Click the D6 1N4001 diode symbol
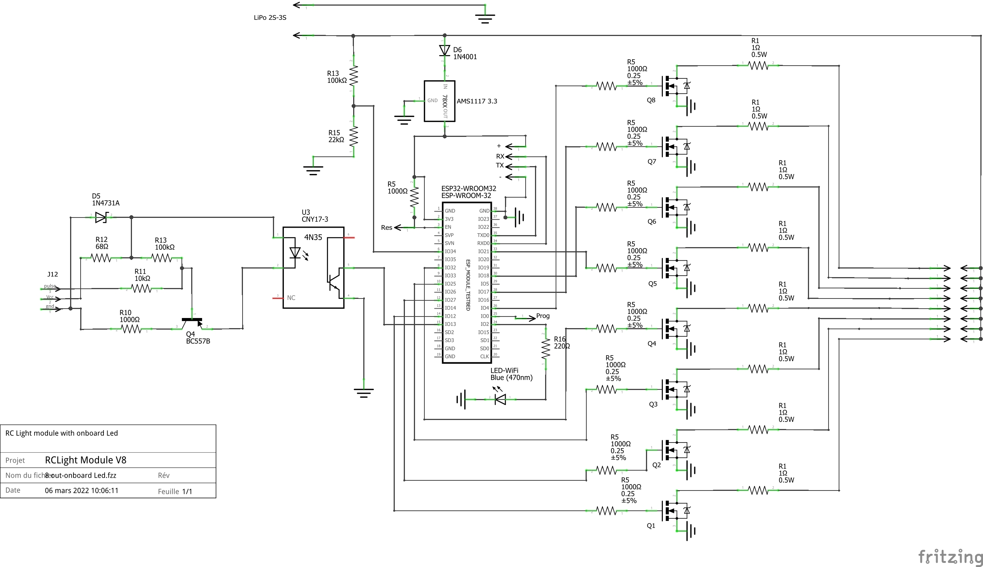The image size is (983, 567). click(445, 50)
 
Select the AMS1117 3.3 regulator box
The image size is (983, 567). click(439, 101)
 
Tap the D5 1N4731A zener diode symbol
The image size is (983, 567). click(102, 217)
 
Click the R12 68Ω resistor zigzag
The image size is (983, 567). click(101, 258)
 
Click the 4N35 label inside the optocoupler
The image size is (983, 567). click(313, 237)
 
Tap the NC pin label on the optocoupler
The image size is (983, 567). click(291, 298)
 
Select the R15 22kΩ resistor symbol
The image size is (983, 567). click(354, 136)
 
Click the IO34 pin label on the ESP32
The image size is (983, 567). click(450, 252)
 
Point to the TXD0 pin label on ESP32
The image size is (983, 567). click(483, 235)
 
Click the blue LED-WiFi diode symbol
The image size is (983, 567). click(500, 399)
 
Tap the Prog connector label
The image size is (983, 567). click(543, 316)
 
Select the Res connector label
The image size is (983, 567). click(386, 227)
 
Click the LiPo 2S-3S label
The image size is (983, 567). click(270, 18)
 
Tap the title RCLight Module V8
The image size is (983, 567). click(85, 460)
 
